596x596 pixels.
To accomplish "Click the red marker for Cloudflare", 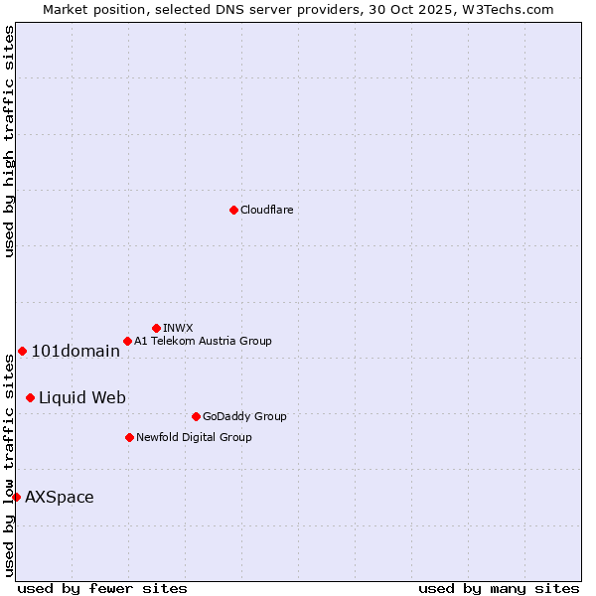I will (x=233, y=210).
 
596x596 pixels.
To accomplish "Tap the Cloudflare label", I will (x=266, y=210).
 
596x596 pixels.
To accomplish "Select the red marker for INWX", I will (x=156, y=328).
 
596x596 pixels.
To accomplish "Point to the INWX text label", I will (x=178, y=328).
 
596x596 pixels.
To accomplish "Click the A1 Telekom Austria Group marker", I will (x=127, y=341).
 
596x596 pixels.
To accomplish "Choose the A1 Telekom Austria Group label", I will (x=203, y=341).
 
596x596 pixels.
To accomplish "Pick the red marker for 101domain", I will (x=22, y=351).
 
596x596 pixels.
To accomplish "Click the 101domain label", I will (x=75, y=351).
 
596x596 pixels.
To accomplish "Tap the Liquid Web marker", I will (x=30, y=397).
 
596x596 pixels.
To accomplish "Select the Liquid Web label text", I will (x=82, y=397).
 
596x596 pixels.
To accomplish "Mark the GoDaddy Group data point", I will (x=196, y=416).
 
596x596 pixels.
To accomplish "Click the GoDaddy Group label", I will (x=244, y=416).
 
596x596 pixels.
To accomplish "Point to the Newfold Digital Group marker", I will (x=129, y=437).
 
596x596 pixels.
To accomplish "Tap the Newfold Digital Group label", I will (x=194, y=437).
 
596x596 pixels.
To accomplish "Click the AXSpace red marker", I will (x=16, y=497).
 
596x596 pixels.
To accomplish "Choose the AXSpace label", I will (x=60, y=497).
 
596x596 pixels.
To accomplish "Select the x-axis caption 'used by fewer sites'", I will (x=102, y=588).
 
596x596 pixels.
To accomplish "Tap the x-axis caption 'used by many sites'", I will (x=499, y=588).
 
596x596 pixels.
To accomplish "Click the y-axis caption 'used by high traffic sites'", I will (x=9, y=141).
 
